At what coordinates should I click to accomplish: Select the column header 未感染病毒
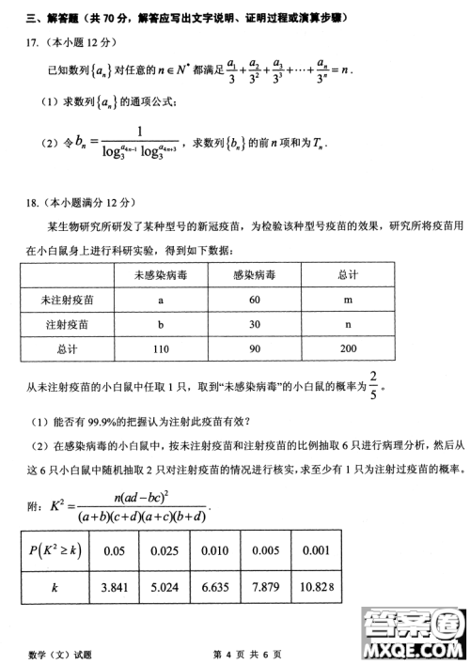click(161, 275)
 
